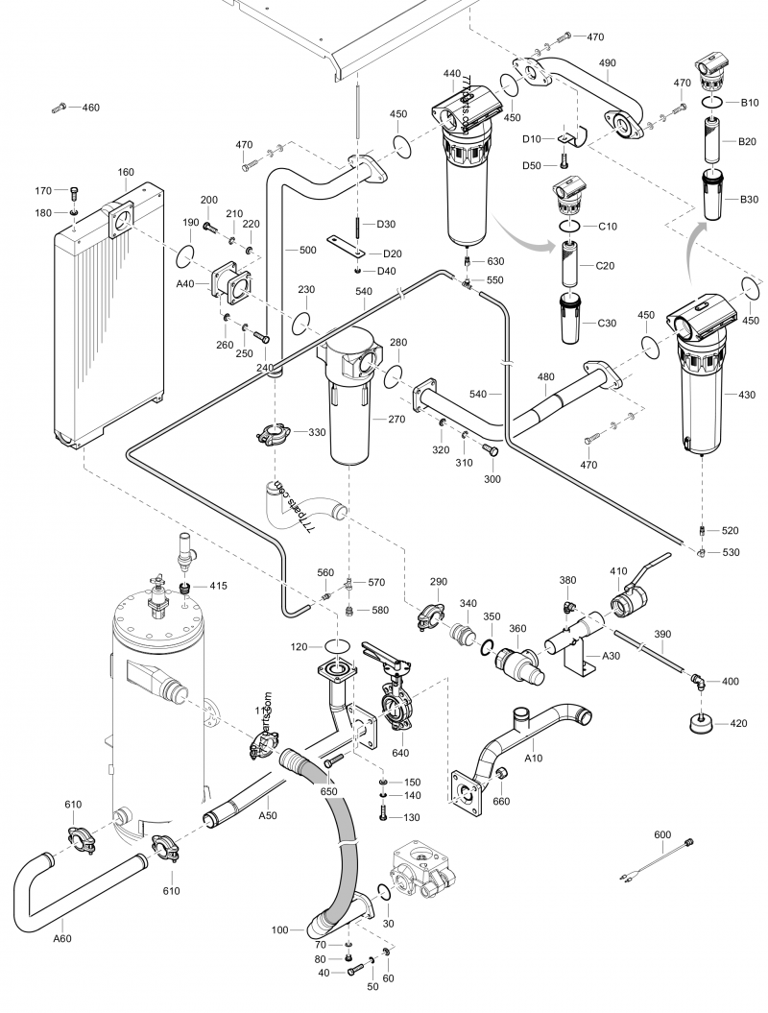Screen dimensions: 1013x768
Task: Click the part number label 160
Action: click(x=126, y=173)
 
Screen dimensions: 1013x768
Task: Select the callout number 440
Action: click(x=452, y=73)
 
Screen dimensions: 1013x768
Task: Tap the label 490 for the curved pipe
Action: click(x=607, y=62)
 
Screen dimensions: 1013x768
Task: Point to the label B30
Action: click(x=749, y=200)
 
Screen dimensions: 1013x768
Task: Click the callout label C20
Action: click(x=606, y=265)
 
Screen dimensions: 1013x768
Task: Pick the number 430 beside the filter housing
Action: click(x=747, y=395)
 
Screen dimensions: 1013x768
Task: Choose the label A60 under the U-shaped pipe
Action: click(x=61, y=938)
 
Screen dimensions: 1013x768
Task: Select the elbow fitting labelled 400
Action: click(x=701, y=681)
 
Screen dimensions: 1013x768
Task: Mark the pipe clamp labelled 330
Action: click(x=276, y=436)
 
